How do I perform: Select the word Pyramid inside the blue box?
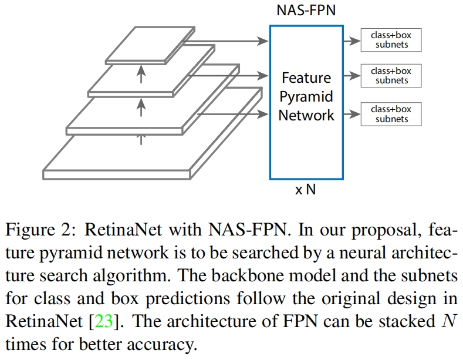(x=306, y=96)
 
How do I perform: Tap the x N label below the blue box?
(x=305, y=190)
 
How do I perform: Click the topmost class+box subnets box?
(x=391, y=40)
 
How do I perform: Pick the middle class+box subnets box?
(x=391, y=76)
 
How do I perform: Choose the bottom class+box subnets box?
(x=391, y=114)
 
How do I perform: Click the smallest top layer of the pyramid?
(x=149, y=45)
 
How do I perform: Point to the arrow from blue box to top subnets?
(x=352, y=41)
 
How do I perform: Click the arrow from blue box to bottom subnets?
(x=352, y=114)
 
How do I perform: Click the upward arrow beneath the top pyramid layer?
(x=141, y=73)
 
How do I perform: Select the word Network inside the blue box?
(x=306, y=115)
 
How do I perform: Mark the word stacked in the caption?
(x=398, y=322)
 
